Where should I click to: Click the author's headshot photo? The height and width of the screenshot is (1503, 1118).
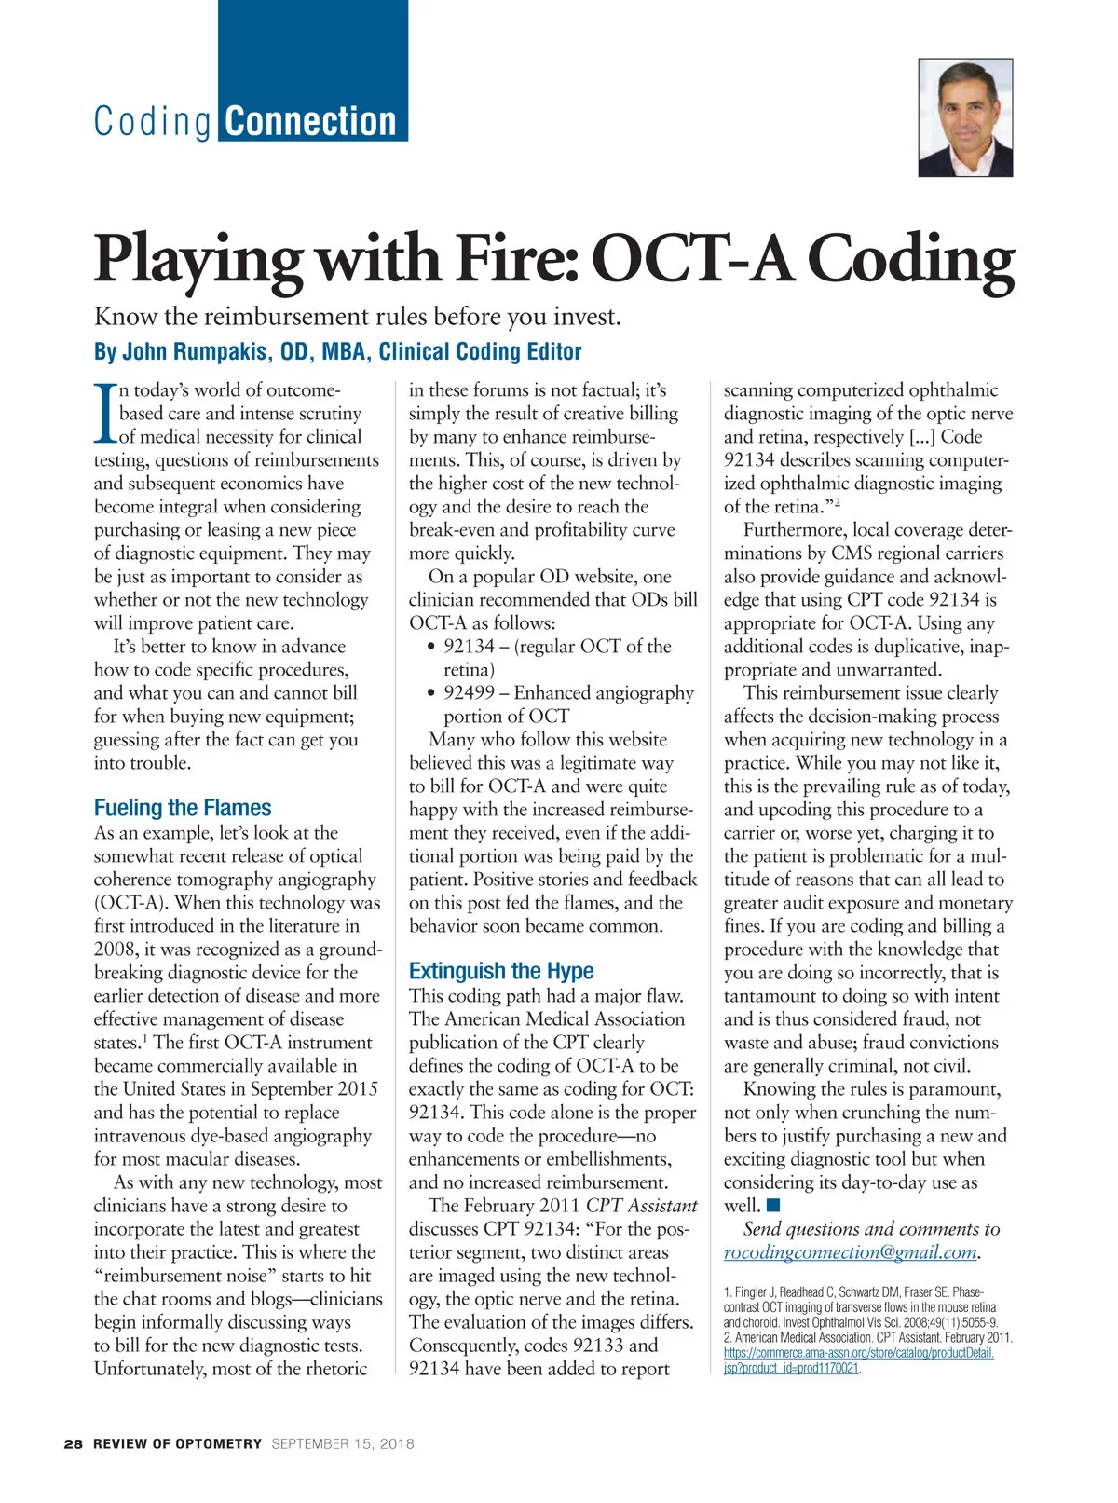tap(965, 118)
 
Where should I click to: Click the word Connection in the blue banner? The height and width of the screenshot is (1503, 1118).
tap(311, 122)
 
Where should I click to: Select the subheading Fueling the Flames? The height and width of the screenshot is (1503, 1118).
tap(183, 808)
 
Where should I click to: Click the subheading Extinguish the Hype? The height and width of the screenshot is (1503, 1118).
tap(501, 971)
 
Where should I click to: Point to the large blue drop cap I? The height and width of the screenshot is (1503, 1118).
tap(105, 413)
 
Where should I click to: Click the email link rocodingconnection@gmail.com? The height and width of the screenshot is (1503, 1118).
tap(851, 1252)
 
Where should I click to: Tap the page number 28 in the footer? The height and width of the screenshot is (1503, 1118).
tap(74, 1443)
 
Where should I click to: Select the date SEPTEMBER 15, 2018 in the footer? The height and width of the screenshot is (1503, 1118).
tap(343, 1443)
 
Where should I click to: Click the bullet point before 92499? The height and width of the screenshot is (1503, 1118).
tap(430, 693)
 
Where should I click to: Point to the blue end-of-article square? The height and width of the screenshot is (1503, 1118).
tap(773, 1207)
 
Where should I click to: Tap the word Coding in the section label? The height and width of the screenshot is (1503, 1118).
tap(153, 122)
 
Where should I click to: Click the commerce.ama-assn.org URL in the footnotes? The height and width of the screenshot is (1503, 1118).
tap(858, 1353)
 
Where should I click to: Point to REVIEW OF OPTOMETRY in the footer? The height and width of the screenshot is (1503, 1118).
tap(177, 1443)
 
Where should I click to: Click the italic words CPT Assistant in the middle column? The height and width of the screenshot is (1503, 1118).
tap(641, 1206)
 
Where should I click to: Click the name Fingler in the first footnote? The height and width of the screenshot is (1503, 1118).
tap(752, 1292)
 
